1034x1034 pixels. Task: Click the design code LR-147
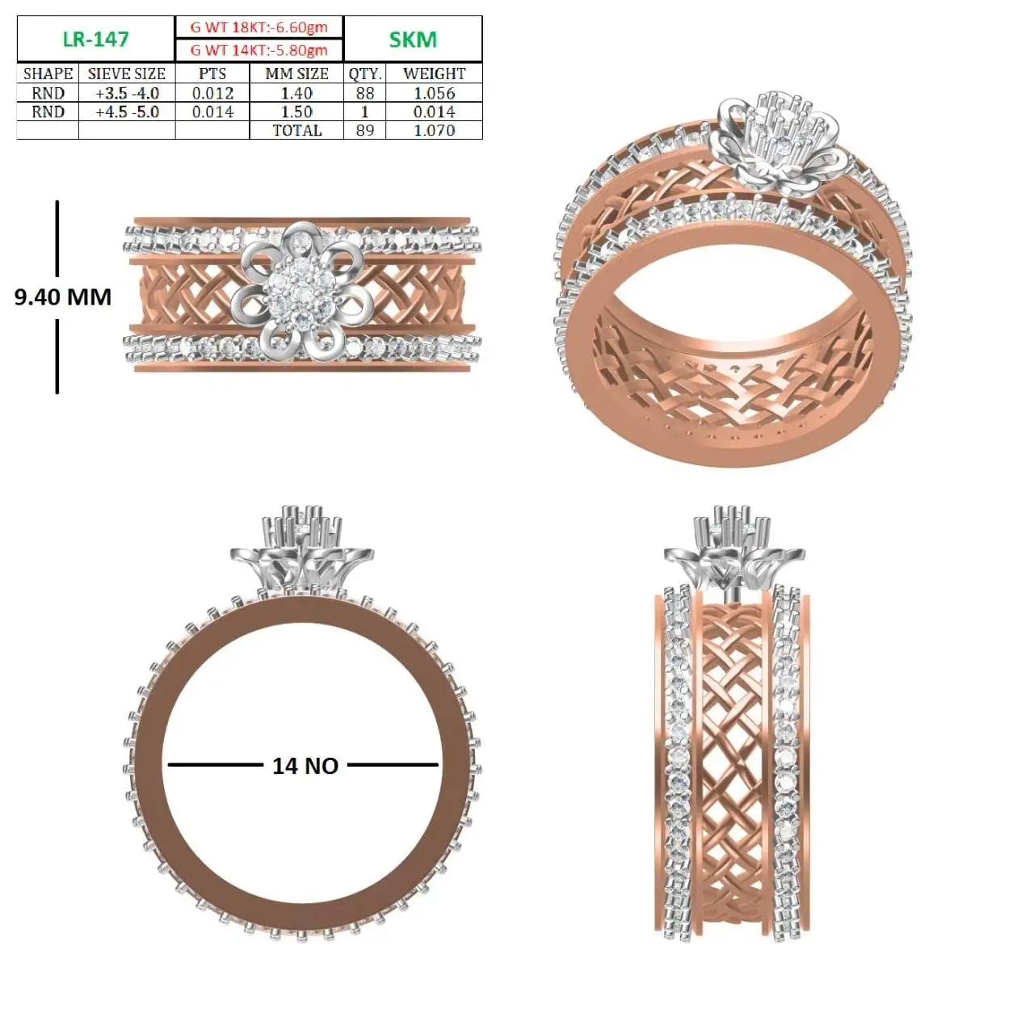95,39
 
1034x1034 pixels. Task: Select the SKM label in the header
413,40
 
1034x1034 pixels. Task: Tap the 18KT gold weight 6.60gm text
259,27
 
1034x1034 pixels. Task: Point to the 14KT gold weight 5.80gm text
259,50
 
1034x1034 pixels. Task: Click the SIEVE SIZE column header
127,74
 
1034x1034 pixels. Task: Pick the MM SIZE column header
296,74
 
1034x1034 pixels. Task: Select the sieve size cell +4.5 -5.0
127,111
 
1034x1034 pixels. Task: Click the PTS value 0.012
212,94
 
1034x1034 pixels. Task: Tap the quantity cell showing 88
365,94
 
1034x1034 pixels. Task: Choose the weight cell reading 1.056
434,94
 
